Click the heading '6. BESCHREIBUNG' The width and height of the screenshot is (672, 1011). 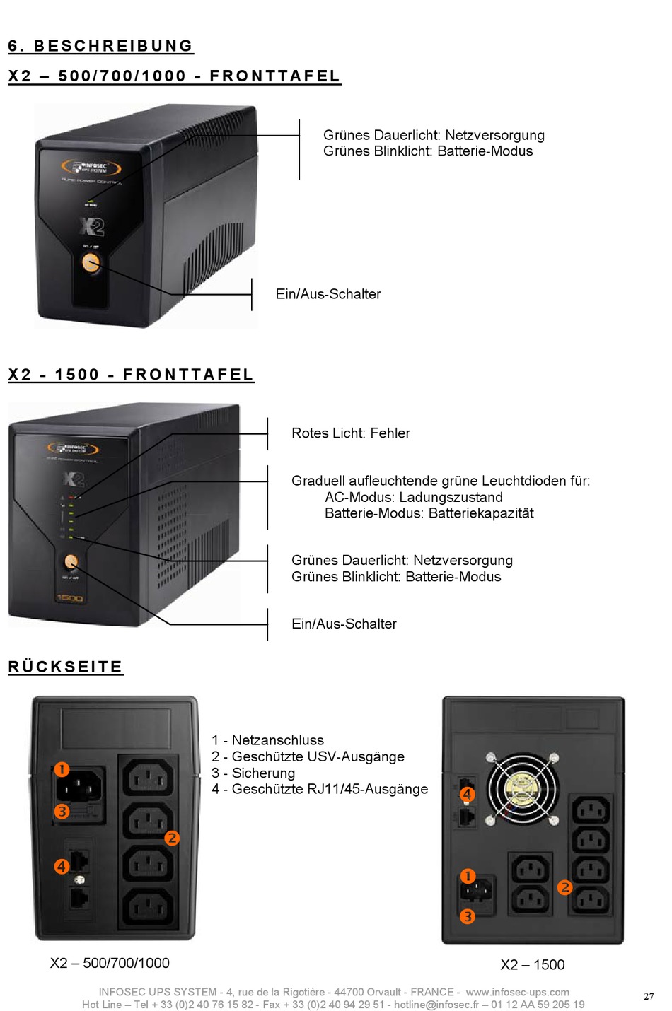tap(100, 46)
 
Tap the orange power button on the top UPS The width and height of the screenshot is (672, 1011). tap(91, 263)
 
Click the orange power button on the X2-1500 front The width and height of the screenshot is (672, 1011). tap(71, 562)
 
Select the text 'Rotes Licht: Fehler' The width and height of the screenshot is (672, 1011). tap(350, 433)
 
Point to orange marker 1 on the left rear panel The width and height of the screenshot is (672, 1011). tap(62, 769)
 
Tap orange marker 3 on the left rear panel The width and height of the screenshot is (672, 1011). tap(62, 811)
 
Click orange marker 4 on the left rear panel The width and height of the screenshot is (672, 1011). tap(62, 865)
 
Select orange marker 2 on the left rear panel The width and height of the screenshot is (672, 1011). tap(172, 838)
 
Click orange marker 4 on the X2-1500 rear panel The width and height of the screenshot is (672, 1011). tap(467, 794)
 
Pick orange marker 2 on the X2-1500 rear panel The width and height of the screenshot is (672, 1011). tap(564, 887)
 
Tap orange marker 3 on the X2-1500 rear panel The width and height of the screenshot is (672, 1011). tap(467, 916)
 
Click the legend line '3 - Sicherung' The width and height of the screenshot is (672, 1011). tap(253, 773)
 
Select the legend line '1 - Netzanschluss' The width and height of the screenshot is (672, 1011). tap(267, 740)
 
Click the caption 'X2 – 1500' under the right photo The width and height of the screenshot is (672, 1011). tap(532, 964)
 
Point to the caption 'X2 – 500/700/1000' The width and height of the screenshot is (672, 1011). tap(110, 962)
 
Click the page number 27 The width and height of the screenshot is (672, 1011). tap(649, 996)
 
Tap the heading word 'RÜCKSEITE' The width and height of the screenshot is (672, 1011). tap(65, 667)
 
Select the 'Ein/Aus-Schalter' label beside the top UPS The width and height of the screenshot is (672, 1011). tap(328, 294)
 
